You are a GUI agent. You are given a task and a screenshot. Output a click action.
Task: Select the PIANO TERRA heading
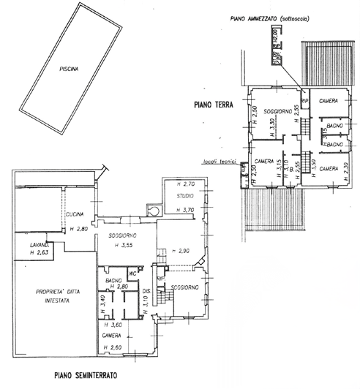point(214,105)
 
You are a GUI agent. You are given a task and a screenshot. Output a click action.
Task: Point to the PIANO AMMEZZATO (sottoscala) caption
point(270,20)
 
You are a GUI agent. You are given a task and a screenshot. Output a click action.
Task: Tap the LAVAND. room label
point(39,244)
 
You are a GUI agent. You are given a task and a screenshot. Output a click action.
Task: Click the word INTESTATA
point(51,300)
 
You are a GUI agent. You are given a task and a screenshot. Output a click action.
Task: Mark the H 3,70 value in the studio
point(187,210)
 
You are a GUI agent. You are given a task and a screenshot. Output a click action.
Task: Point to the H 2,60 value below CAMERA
point(112,347)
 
